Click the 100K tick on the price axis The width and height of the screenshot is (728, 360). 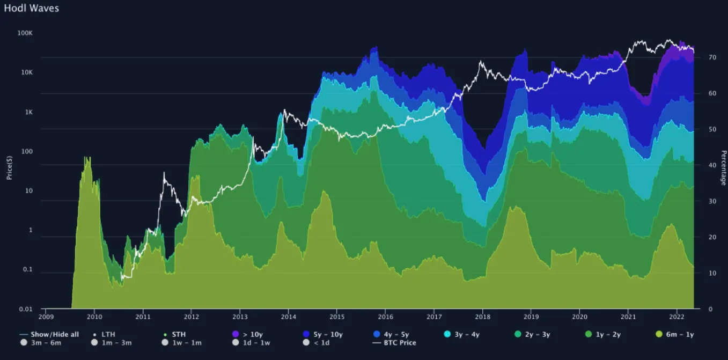pyautogui.click(x=25, y=33)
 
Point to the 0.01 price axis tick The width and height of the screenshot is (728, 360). pyautogui.click(x=26, y=309)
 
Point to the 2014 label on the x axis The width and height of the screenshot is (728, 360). pyautogui.click(x=288, y=317)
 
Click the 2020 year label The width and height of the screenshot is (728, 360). pyautogui.click(x=579, y=317)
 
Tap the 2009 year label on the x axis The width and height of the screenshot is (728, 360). pyautogui.click(x=46, y=317)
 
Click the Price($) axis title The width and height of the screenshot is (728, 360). pyautogui.click(x=10, y=167)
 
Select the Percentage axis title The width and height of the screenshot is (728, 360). pyautogui.click(x=723, y=167)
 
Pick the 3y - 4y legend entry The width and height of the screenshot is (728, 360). pyautogui.click(x=464, y=334)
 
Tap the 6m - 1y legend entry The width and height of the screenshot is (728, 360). pyautogui.click(x=676, y=334)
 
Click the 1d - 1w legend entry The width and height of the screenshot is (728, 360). pyautogui.click(x=253, y=342)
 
